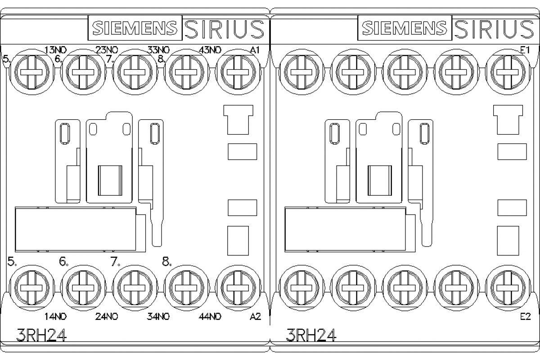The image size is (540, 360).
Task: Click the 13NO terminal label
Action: tap(56, 50)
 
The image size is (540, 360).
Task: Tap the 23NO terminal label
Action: tap(107, 50)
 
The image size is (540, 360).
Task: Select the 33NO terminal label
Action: tap(158, 50)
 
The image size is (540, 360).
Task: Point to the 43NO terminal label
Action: tap(210, 50)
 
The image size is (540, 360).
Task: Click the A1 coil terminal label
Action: tap(255, 50)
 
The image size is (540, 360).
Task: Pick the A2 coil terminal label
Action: tap(255, 316)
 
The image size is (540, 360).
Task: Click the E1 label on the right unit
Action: tap(525, 50)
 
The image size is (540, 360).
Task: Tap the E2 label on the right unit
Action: tap(526, 316)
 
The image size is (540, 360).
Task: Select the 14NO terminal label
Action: tap(56, 316)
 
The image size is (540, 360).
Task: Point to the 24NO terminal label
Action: tap(107, 316)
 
